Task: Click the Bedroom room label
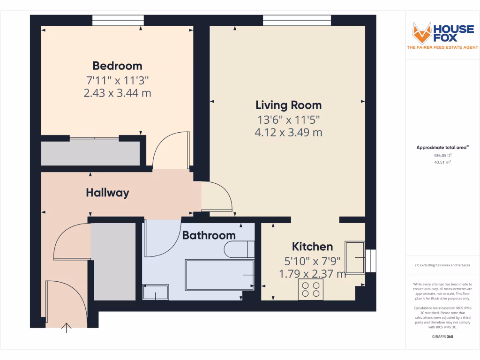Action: [x=117, y=66]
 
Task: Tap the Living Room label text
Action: [x=288, y=105]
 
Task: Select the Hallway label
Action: [x=107, y=192]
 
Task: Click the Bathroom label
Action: [x=209, y=235]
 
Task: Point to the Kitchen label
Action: [x=312, y=247]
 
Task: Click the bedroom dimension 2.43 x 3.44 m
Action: [x=117, y=93]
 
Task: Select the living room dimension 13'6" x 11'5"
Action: [x=288, y=119]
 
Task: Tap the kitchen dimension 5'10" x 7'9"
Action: [x=312, y=260]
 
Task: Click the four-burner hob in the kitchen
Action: [x=311, y=289]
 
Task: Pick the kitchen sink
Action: [x=355, y=257]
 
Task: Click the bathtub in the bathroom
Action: [x=219, y=274]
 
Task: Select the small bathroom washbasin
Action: [x=156, y=292]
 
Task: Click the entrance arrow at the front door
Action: [x=67, y=328]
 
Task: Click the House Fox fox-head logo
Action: [x=421, y=32]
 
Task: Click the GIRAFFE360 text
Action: [x=442, y=337]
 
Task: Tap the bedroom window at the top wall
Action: [x=118, y=20]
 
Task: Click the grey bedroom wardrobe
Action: [x=90, y=153]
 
